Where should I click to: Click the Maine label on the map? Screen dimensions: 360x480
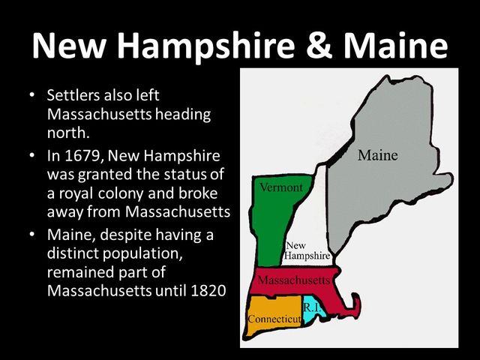(x=377, y=156)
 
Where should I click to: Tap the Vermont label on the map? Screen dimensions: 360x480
(x=281, y=187)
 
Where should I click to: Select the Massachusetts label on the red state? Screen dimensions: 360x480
(x=292, y=280)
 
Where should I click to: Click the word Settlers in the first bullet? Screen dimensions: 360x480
(x=74, y=97)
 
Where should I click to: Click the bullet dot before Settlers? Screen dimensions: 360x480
(x=31, y=97)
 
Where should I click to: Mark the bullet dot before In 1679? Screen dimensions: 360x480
(x=31, y=156)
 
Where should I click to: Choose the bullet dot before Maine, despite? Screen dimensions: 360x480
(x=31, y=235)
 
